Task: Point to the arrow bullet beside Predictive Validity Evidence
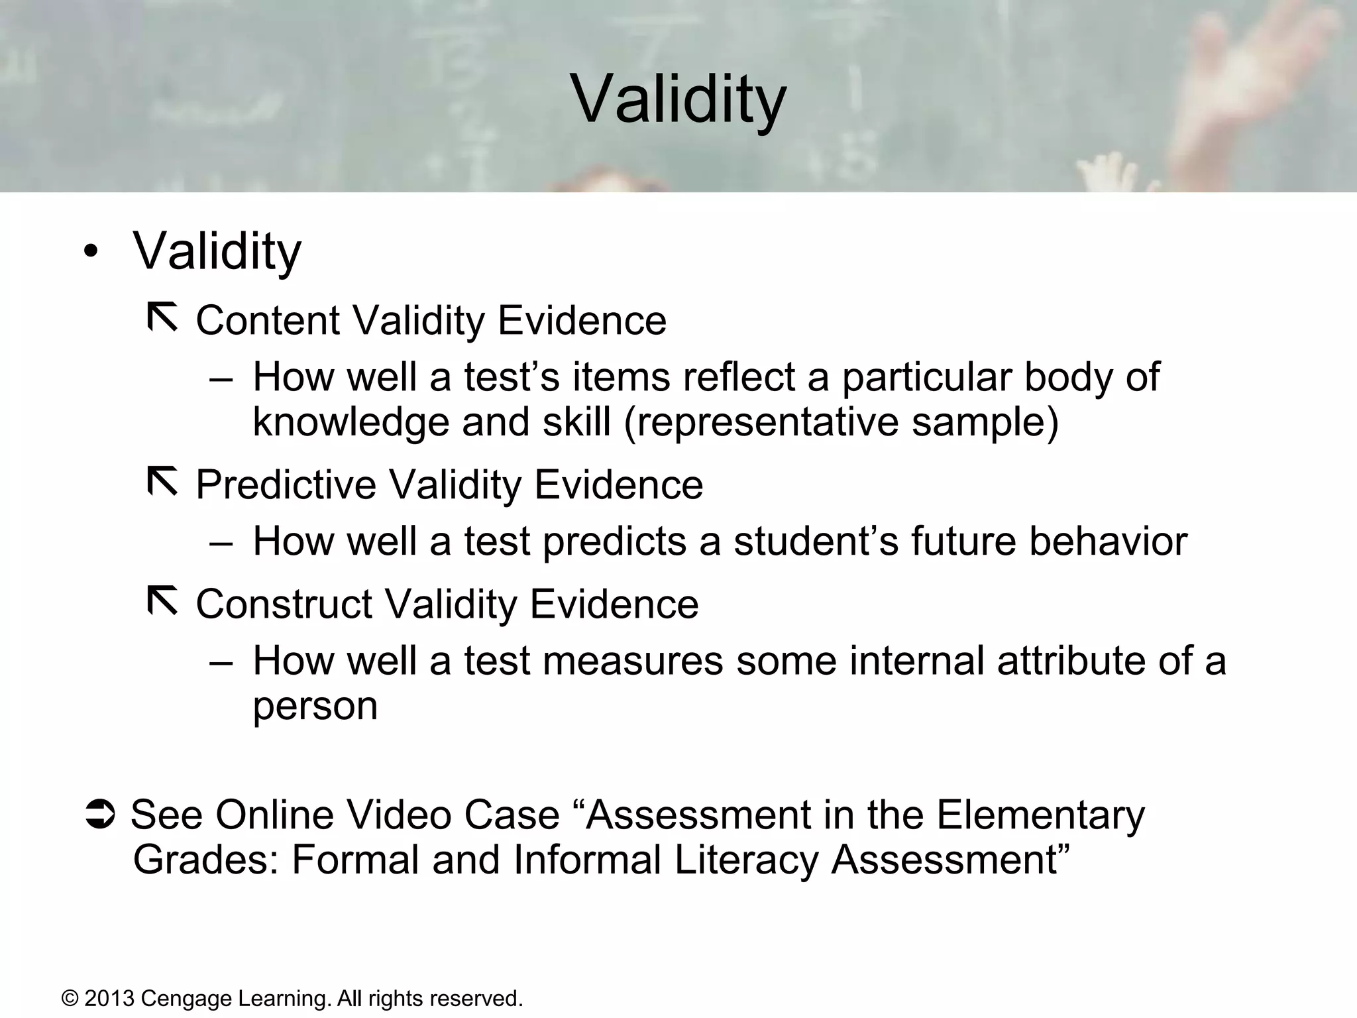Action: coord(162,481)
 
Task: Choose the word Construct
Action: coord(284,604)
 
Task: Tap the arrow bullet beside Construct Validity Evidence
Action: coord(162,600)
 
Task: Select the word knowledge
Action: coord(351,422)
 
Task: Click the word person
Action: coord(315,707)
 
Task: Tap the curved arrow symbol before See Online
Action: coord(101,815)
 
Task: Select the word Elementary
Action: coord(1040,815)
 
